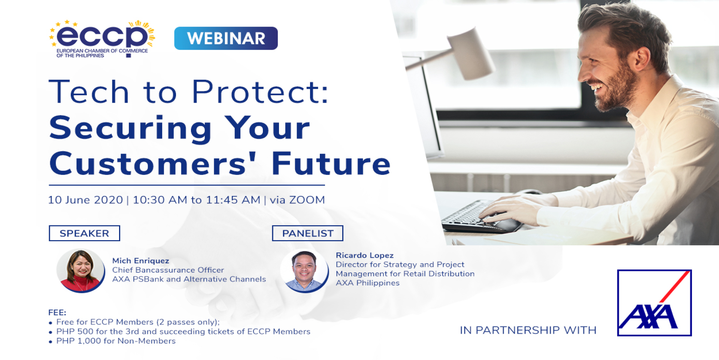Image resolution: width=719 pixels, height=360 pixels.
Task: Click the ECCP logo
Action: click(x=102, y=39)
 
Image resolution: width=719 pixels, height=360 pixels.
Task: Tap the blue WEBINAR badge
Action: click(x=226, y=38)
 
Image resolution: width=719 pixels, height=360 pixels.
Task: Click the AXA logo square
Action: click(x=654, y=303)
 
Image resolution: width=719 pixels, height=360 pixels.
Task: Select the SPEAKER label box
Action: click(x=84, y=233)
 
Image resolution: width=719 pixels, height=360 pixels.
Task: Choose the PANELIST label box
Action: click(x=307, y=233)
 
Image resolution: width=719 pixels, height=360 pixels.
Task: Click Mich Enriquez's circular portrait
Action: click(x=81, y=270)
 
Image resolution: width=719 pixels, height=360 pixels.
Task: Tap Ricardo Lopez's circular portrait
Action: click(x=304, y=271)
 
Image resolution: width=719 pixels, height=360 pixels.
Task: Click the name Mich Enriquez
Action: click(x=140, y=261)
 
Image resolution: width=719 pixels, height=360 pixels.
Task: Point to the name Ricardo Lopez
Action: click(x=365, y=255)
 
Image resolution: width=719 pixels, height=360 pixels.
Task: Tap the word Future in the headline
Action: click(x=331, y=163)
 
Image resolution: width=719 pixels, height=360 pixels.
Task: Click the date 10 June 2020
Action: click(x=85, y=200)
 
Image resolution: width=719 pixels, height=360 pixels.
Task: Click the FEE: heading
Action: click(x=57, y=312)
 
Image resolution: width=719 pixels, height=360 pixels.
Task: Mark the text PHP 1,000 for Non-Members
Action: click(x=116, y=341)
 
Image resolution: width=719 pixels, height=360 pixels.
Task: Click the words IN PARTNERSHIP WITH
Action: click(x=528, y=330)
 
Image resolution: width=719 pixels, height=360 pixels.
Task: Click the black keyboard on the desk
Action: click(x=481, y=217)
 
